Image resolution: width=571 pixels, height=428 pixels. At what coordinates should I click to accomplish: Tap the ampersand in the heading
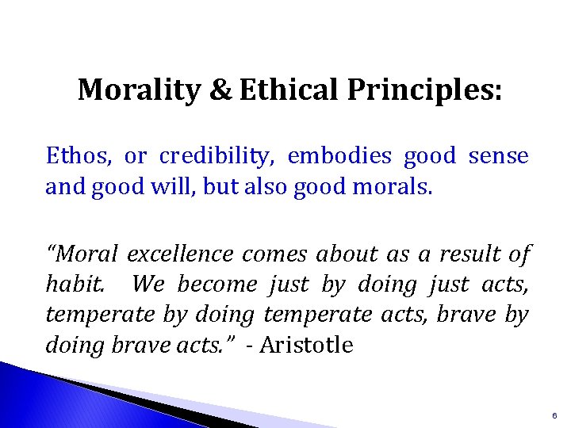click(220, 90)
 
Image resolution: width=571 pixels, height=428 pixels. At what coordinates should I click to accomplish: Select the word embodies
click(339, 156)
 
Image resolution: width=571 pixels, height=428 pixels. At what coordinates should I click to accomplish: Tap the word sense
click(498, 156)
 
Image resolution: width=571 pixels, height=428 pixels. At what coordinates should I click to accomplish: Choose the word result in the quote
click(467, 254)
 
